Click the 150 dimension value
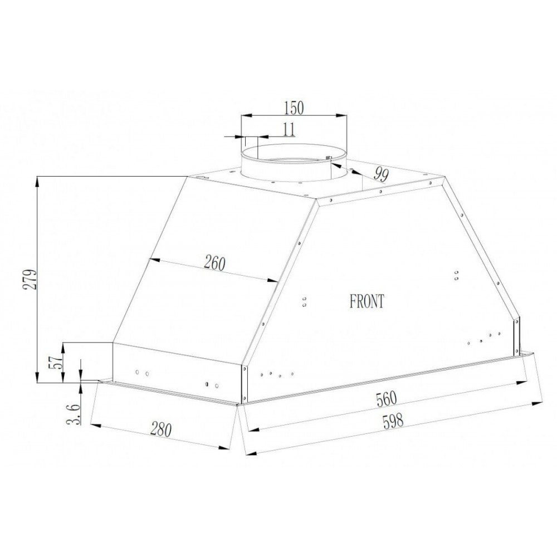[294, 108]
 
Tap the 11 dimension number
[290, 130]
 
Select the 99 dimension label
[381, 174]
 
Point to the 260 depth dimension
[214, 263]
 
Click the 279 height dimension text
[30, 280]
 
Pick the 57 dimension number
[57, 362]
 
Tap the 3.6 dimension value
[74, 414]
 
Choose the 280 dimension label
[161, 429]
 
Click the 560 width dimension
[386, 399]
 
